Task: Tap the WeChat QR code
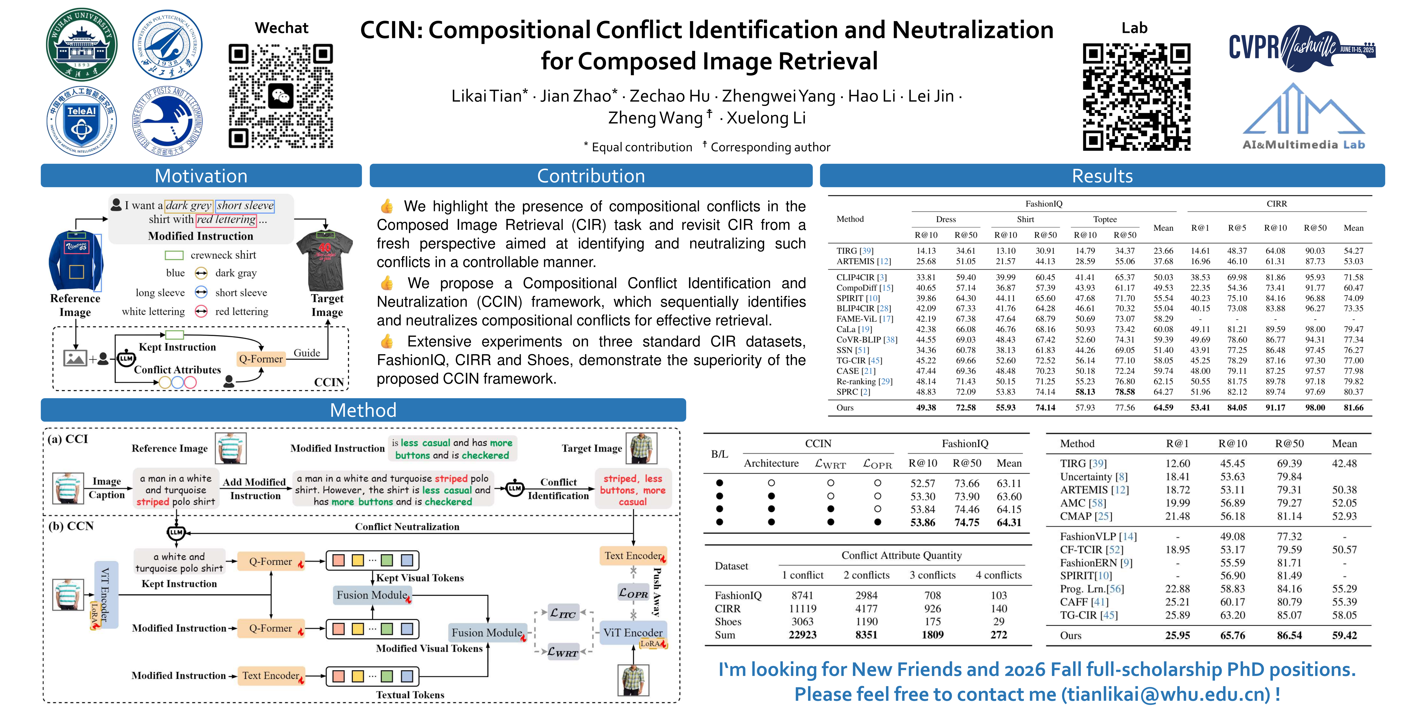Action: click(281, 97)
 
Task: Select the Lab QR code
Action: click(1137, 97)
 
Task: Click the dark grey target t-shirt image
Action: click(325, 259)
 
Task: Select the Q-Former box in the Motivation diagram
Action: click(260, 359)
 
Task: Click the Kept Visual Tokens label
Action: click(420, 578)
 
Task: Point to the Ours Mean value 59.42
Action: click(1344, 635)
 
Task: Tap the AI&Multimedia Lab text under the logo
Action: click(1303, 145)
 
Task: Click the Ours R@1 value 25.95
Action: click(1178, 635)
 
